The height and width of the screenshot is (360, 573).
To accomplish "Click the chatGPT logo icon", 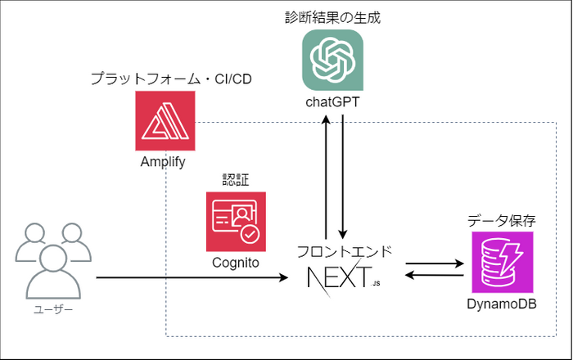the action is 332,60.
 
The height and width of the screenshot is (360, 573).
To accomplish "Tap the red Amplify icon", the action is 165,121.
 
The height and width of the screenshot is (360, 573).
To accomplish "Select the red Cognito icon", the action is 236,222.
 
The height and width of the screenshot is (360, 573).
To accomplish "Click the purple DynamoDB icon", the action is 502,262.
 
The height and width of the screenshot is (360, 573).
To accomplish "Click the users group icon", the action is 53,261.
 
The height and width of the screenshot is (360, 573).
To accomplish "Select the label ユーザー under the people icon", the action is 53,309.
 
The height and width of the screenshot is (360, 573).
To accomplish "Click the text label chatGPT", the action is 332,102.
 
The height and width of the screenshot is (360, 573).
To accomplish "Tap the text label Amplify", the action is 163,162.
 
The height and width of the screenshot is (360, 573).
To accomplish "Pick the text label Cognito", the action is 236,263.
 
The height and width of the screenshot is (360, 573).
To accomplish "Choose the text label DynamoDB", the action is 502,304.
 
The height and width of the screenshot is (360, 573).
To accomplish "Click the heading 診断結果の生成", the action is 332,17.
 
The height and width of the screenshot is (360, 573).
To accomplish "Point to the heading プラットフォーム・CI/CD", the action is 171,79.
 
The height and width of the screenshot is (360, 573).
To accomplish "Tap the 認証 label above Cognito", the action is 236,180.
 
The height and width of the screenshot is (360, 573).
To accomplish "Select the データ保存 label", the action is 502,221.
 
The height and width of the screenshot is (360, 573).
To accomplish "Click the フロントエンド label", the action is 345,251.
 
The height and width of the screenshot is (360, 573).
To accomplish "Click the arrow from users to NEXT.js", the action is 192,278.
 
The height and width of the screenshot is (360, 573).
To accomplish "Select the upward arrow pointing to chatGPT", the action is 326,177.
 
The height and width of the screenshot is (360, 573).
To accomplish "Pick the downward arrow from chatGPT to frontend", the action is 342,177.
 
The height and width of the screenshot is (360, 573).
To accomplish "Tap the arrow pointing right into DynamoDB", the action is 435,263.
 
